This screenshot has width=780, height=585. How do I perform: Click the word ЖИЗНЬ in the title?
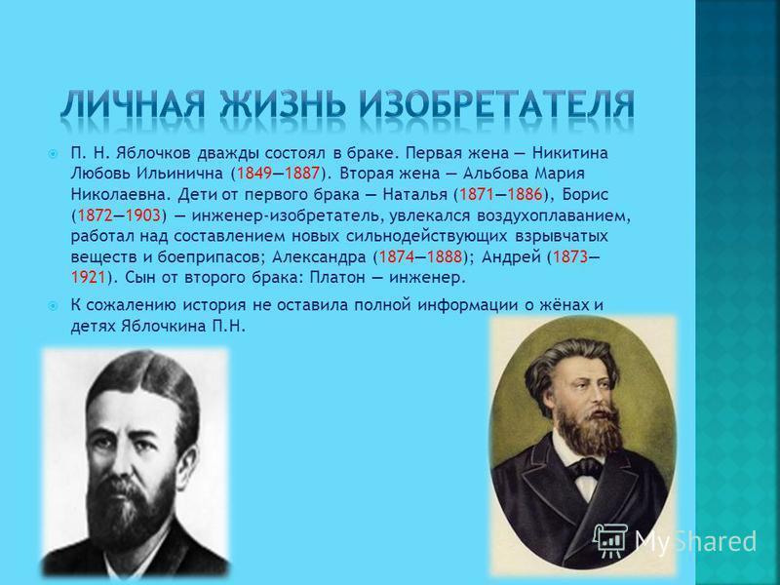283,105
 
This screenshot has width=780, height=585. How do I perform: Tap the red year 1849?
254,174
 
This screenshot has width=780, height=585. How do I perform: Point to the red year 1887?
301,174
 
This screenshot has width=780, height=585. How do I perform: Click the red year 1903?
142,215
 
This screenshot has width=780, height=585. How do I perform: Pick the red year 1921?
88,277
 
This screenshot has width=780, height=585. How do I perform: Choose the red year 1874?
397,256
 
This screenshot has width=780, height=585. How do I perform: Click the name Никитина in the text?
570,152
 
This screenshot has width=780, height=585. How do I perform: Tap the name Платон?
337,277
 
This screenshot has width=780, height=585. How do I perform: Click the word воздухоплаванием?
554,216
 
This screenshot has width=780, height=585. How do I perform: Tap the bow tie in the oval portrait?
585,468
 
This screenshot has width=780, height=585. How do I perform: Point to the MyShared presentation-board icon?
611,541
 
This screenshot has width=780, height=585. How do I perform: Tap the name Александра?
319,257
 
